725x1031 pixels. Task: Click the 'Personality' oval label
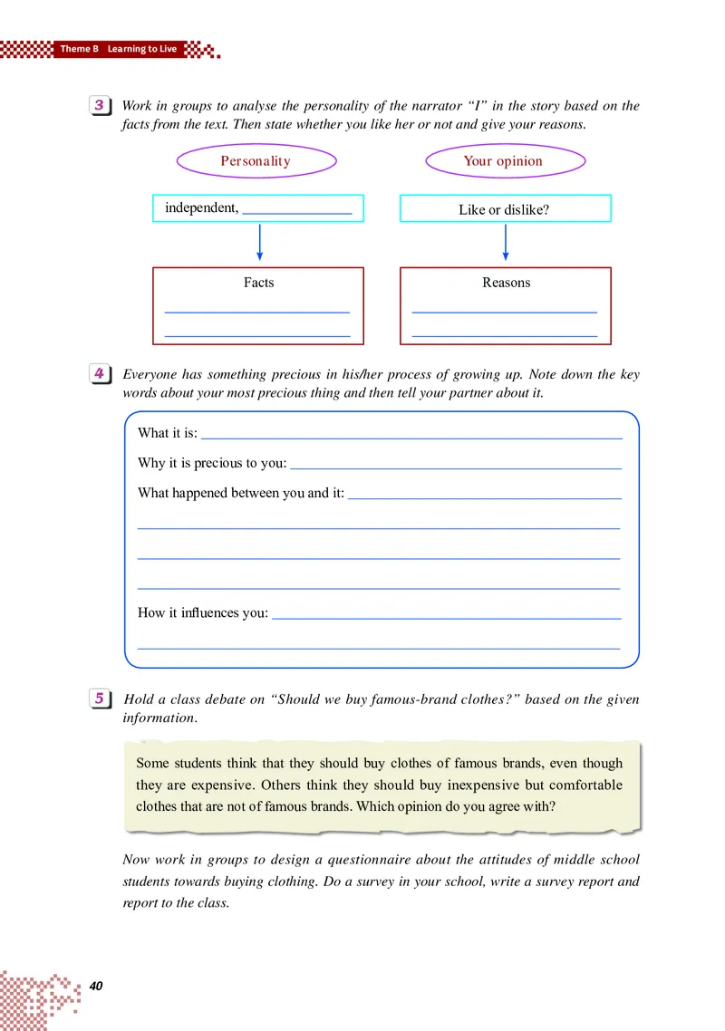(x=256, y=161)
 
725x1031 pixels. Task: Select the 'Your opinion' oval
(x=503, y=161)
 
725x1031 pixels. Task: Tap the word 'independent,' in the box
(x=201, y=208)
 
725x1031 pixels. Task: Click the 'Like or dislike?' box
(x=504, y=209)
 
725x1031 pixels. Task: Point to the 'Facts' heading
(x=258, y=283)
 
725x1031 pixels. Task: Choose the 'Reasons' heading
(x=506, y=283)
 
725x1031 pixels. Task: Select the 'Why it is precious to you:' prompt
(x=211, y=463)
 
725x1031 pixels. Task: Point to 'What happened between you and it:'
(x=240, y=494)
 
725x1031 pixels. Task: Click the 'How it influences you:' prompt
(x=202, y=613)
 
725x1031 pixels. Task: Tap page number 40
(x=98, y=985)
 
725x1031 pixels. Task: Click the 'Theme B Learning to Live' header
(x=118, y=49)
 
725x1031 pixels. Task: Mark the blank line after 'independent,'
(x=297, y=211)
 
